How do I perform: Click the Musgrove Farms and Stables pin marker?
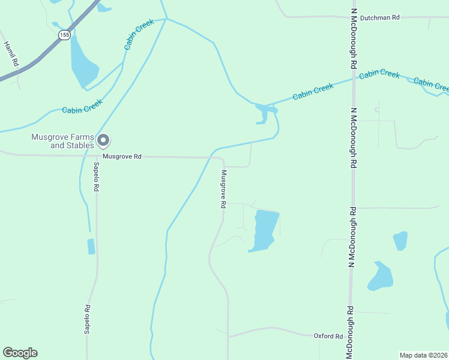click(x=103, y=140)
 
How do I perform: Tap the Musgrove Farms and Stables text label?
click(x=63, y=141)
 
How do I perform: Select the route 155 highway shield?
click(x=64, y=35)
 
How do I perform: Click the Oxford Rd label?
click(x=328, y=336)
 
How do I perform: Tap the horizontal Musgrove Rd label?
click(x=122, y=157)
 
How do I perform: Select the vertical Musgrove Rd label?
click(x=223, y=189)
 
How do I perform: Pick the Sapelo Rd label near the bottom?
click(x=88, y=319)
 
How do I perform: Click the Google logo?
click(x=20, y=353)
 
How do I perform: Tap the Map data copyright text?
click(x=423, y=355)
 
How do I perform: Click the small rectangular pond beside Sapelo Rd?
click(x=91, y=246)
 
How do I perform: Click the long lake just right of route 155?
click(x=82, y=63)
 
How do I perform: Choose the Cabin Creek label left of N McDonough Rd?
click(x=313, y=92)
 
